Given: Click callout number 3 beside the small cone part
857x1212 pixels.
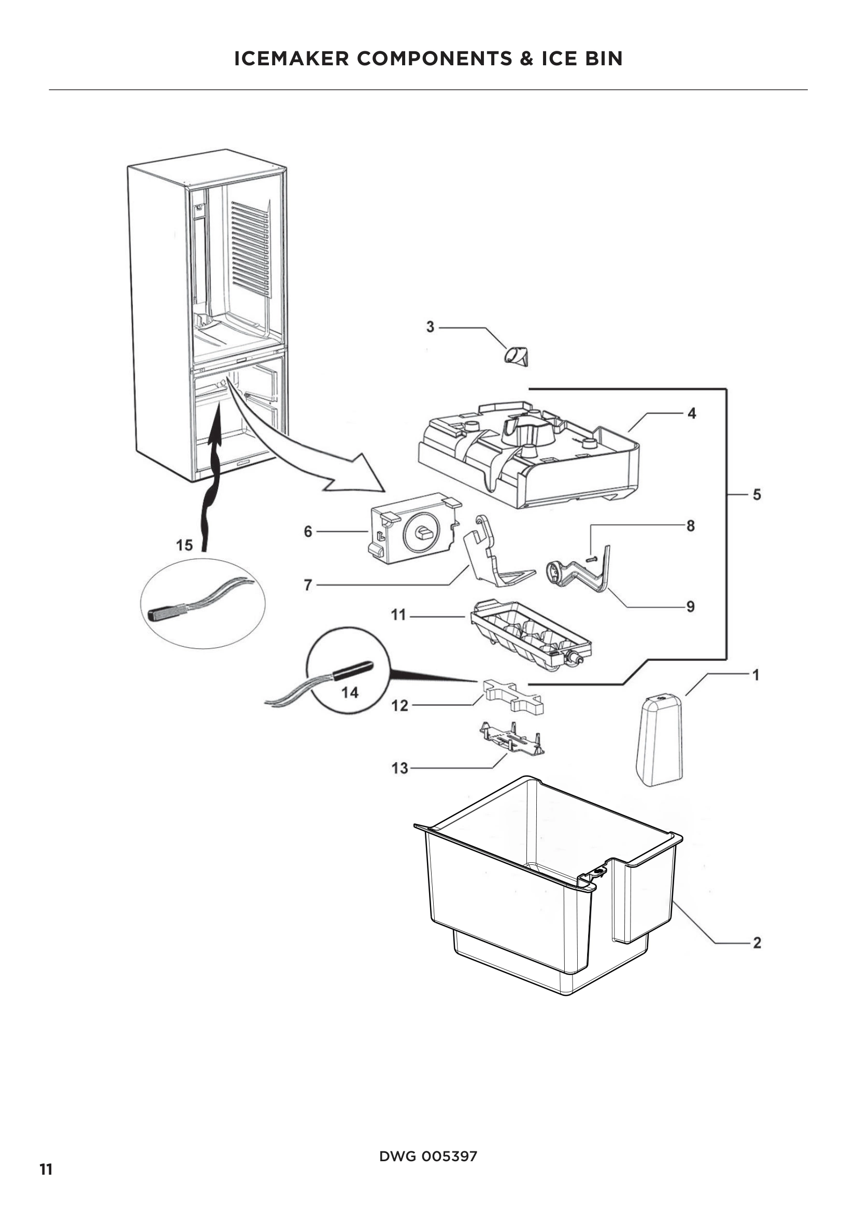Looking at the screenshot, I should point(430,327).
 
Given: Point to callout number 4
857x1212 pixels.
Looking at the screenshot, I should point(691,413).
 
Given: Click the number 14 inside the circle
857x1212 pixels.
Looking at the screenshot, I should point(350,692).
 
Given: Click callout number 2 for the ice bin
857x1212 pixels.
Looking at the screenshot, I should point(756,942).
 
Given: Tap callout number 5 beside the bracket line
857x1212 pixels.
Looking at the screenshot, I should point(756,495).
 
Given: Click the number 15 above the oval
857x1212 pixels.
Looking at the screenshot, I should point(184,545).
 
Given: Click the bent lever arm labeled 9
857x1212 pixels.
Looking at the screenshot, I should point(580,573).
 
